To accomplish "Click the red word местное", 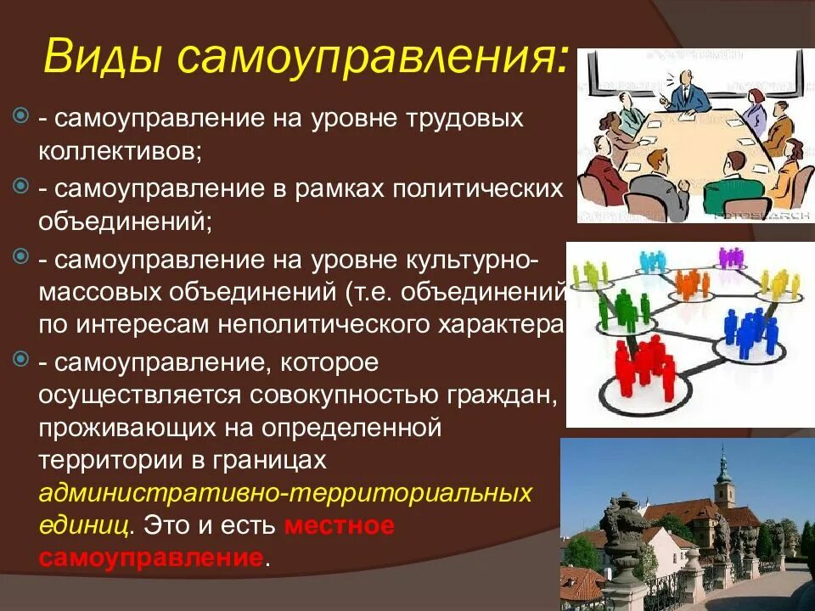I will [x=340, y=525].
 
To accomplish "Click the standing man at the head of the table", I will [x=689, y=90].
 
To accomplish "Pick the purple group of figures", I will [x=729, y=257].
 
